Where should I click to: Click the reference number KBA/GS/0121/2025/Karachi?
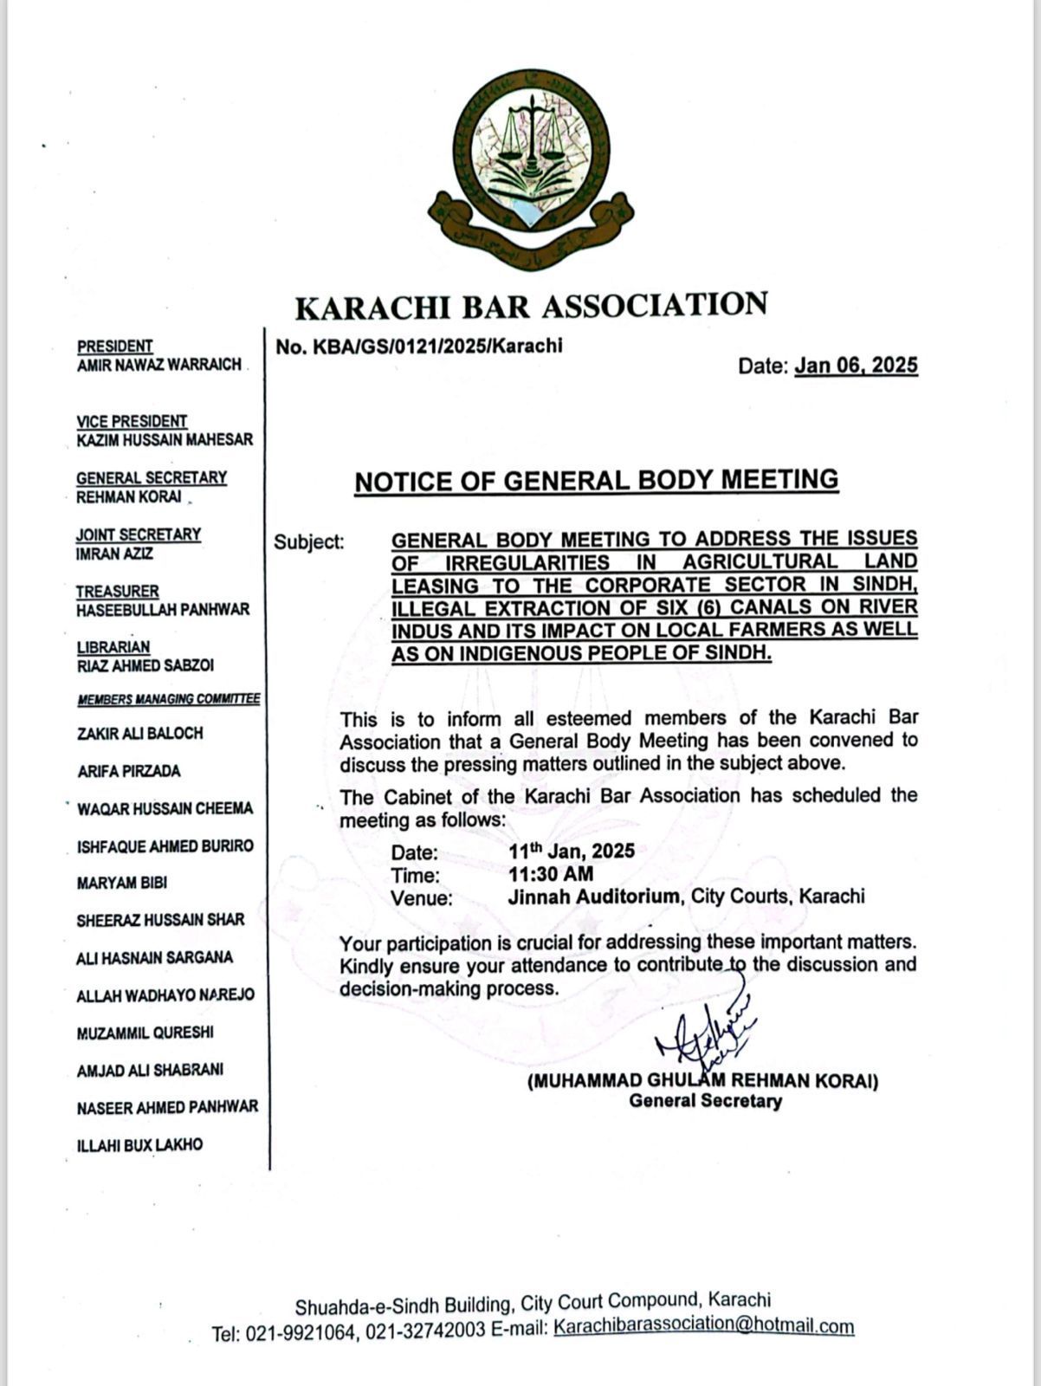click(x=419, y=346)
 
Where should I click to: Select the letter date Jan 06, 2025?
click(x=856, y=366)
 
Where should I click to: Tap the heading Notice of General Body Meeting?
click(x=597, y=481)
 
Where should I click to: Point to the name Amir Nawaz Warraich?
click(x=158, y=365)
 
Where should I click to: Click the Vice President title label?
click(x=132, y=421)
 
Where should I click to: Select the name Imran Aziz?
click(x=114, y=554)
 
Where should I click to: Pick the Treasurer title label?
click(x=118, y=591)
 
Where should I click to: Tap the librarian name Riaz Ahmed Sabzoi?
click(x=145, y=665)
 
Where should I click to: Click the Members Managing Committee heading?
click(x=169, y=699)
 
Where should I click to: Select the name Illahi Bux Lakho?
click(x=139, y=1145)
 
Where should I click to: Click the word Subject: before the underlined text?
click(x=309, y=542)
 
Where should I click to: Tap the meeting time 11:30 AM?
click(x=551, y=874)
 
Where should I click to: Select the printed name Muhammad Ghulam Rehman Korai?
click(x=702, y=1081)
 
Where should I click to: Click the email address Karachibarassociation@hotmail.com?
click(x=704, y=1326)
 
